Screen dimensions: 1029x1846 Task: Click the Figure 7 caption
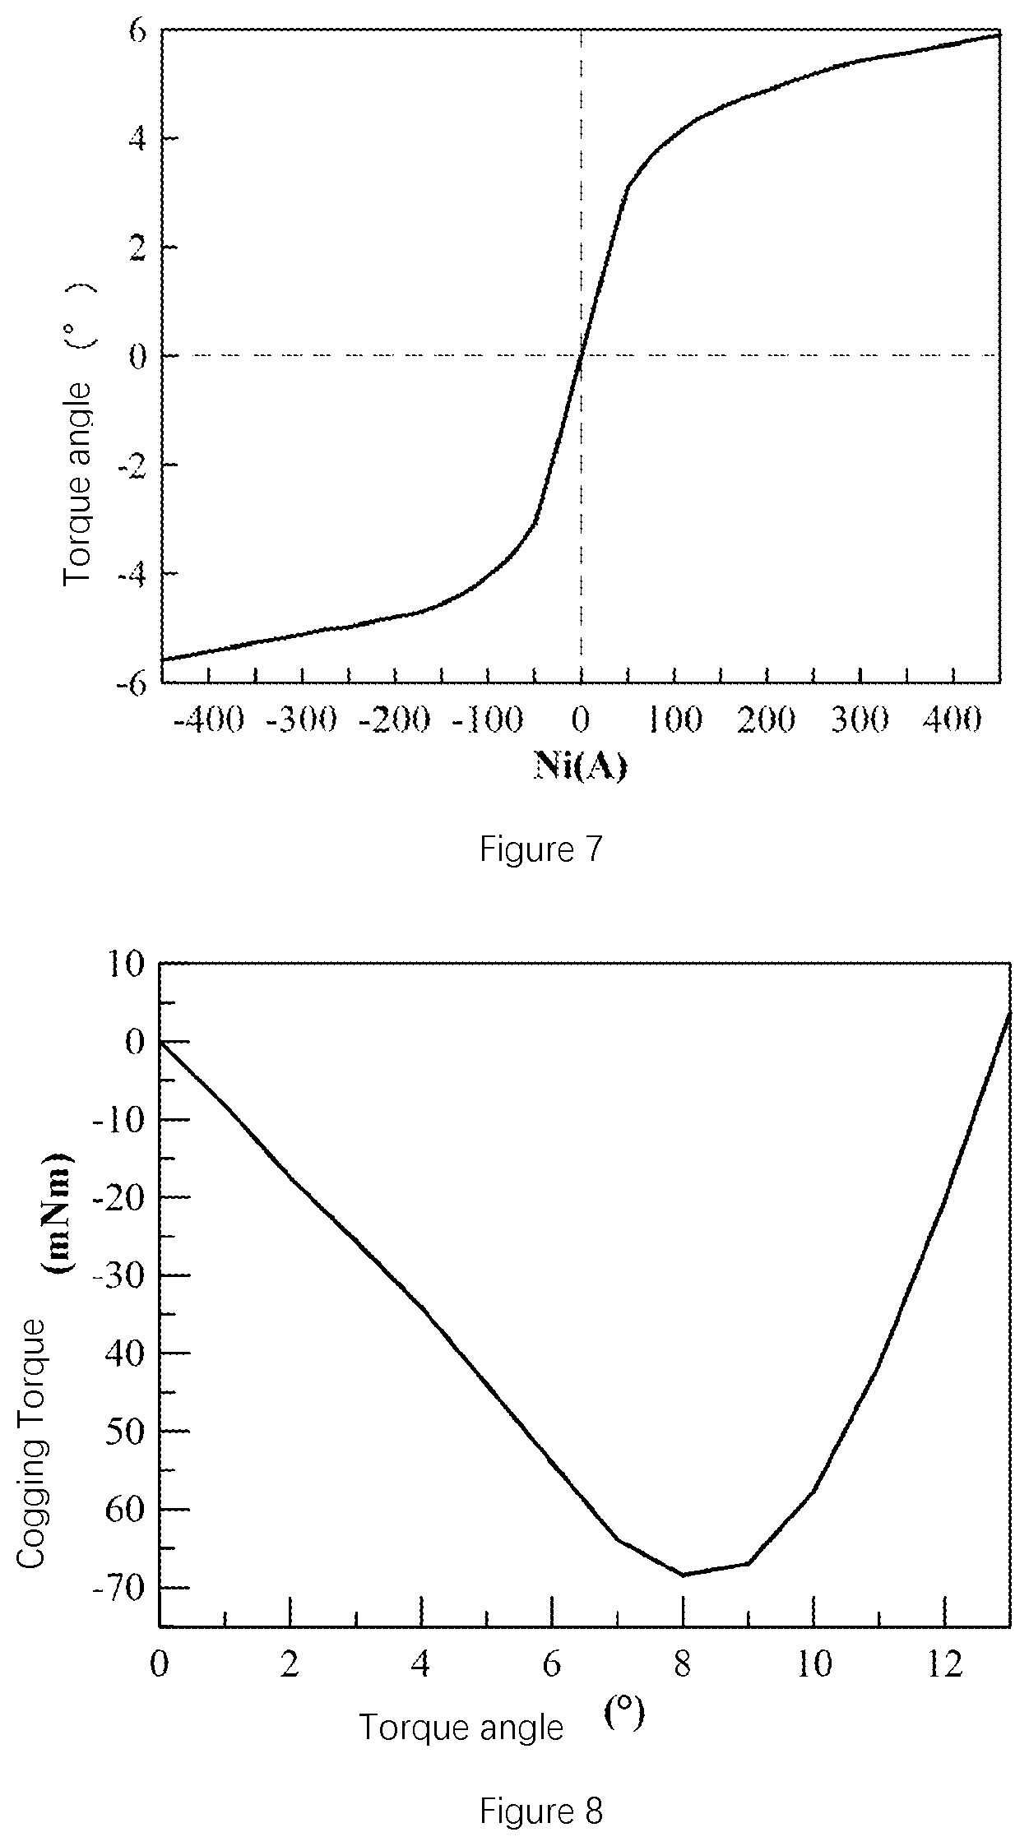click(x=541, y=849)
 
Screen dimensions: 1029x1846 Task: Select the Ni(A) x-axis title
click(x=581, y=766)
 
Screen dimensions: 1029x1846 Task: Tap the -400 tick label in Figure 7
click(x=209, y=720)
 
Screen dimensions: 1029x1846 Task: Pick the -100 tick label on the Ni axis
click(x=488, y=720)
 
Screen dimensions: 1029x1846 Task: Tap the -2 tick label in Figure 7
click(x=132, y=465)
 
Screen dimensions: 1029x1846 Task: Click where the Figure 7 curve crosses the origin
click(x=581, y=355)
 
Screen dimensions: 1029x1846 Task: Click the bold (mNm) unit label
click(x=58, y=1214)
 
